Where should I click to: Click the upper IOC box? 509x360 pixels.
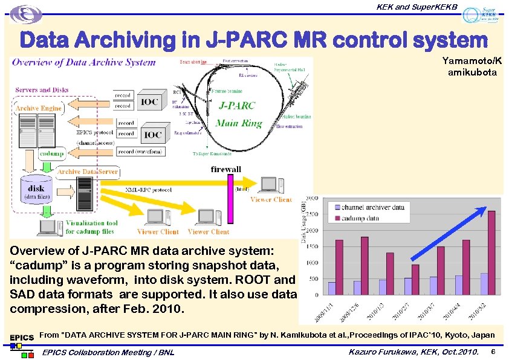click(151, 101)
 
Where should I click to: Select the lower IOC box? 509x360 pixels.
click(152, 134)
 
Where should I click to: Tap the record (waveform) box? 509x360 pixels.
click(140, 151)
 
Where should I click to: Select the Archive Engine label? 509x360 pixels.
click(39, 108)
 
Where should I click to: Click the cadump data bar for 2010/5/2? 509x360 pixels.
click(491, 254)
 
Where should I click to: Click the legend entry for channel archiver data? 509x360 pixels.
click(369, 207)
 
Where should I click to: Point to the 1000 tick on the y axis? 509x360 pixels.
click(312, 263)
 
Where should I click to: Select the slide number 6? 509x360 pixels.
click(493, 352)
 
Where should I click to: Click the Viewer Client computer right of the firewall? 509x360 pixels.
click(269, 185)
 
